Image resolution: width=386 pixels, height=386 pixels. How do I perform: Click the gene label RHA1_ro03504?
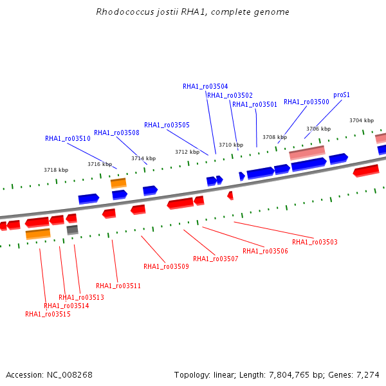(205, 86)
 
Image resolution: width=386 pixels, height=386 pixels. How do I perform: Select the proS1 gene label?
(342, 95)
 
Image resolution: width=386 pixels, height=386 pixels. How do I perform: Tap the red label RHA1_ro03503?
(315, 242)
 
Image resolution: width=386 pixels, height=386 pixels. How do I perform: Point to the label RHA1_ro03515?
(48, 314)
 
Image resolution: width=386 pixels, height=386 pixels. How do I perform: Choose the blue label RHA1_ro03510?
(68, 138)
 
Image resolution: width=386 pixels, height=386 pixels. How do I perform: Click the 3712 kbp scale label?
(187, 152)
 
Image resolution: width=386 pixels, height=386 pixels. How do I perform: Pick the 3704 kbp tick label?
(362, 120)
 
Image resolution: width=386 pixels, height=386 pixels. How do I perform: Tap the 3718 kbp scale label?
(56, 170)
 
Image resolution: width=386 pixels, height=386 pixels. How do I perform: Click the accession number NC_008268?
(69, 375)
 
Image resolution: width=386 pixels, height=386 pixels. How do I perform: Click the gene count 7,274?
(368, 375)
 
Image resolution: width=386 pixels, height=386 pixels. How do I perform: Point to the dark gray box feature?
(72, 230)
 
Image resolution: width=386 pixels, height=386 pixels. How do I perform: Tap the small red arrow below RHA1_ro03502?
(230, 196)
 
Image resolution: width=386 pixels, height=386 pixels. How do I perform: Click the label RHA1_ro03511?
(118, 286)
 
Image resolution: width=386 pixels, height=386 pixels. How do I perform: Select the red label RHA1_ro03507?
(216, 259)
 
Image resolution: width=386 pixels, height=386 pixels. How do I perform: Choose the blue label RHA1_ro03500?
(306, 102)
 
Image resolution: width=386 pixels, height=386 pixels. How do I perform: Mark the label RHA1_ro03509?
(166, 266)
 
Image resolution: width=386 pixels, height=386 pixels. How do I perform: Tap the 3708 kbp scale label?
(275, 137)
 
